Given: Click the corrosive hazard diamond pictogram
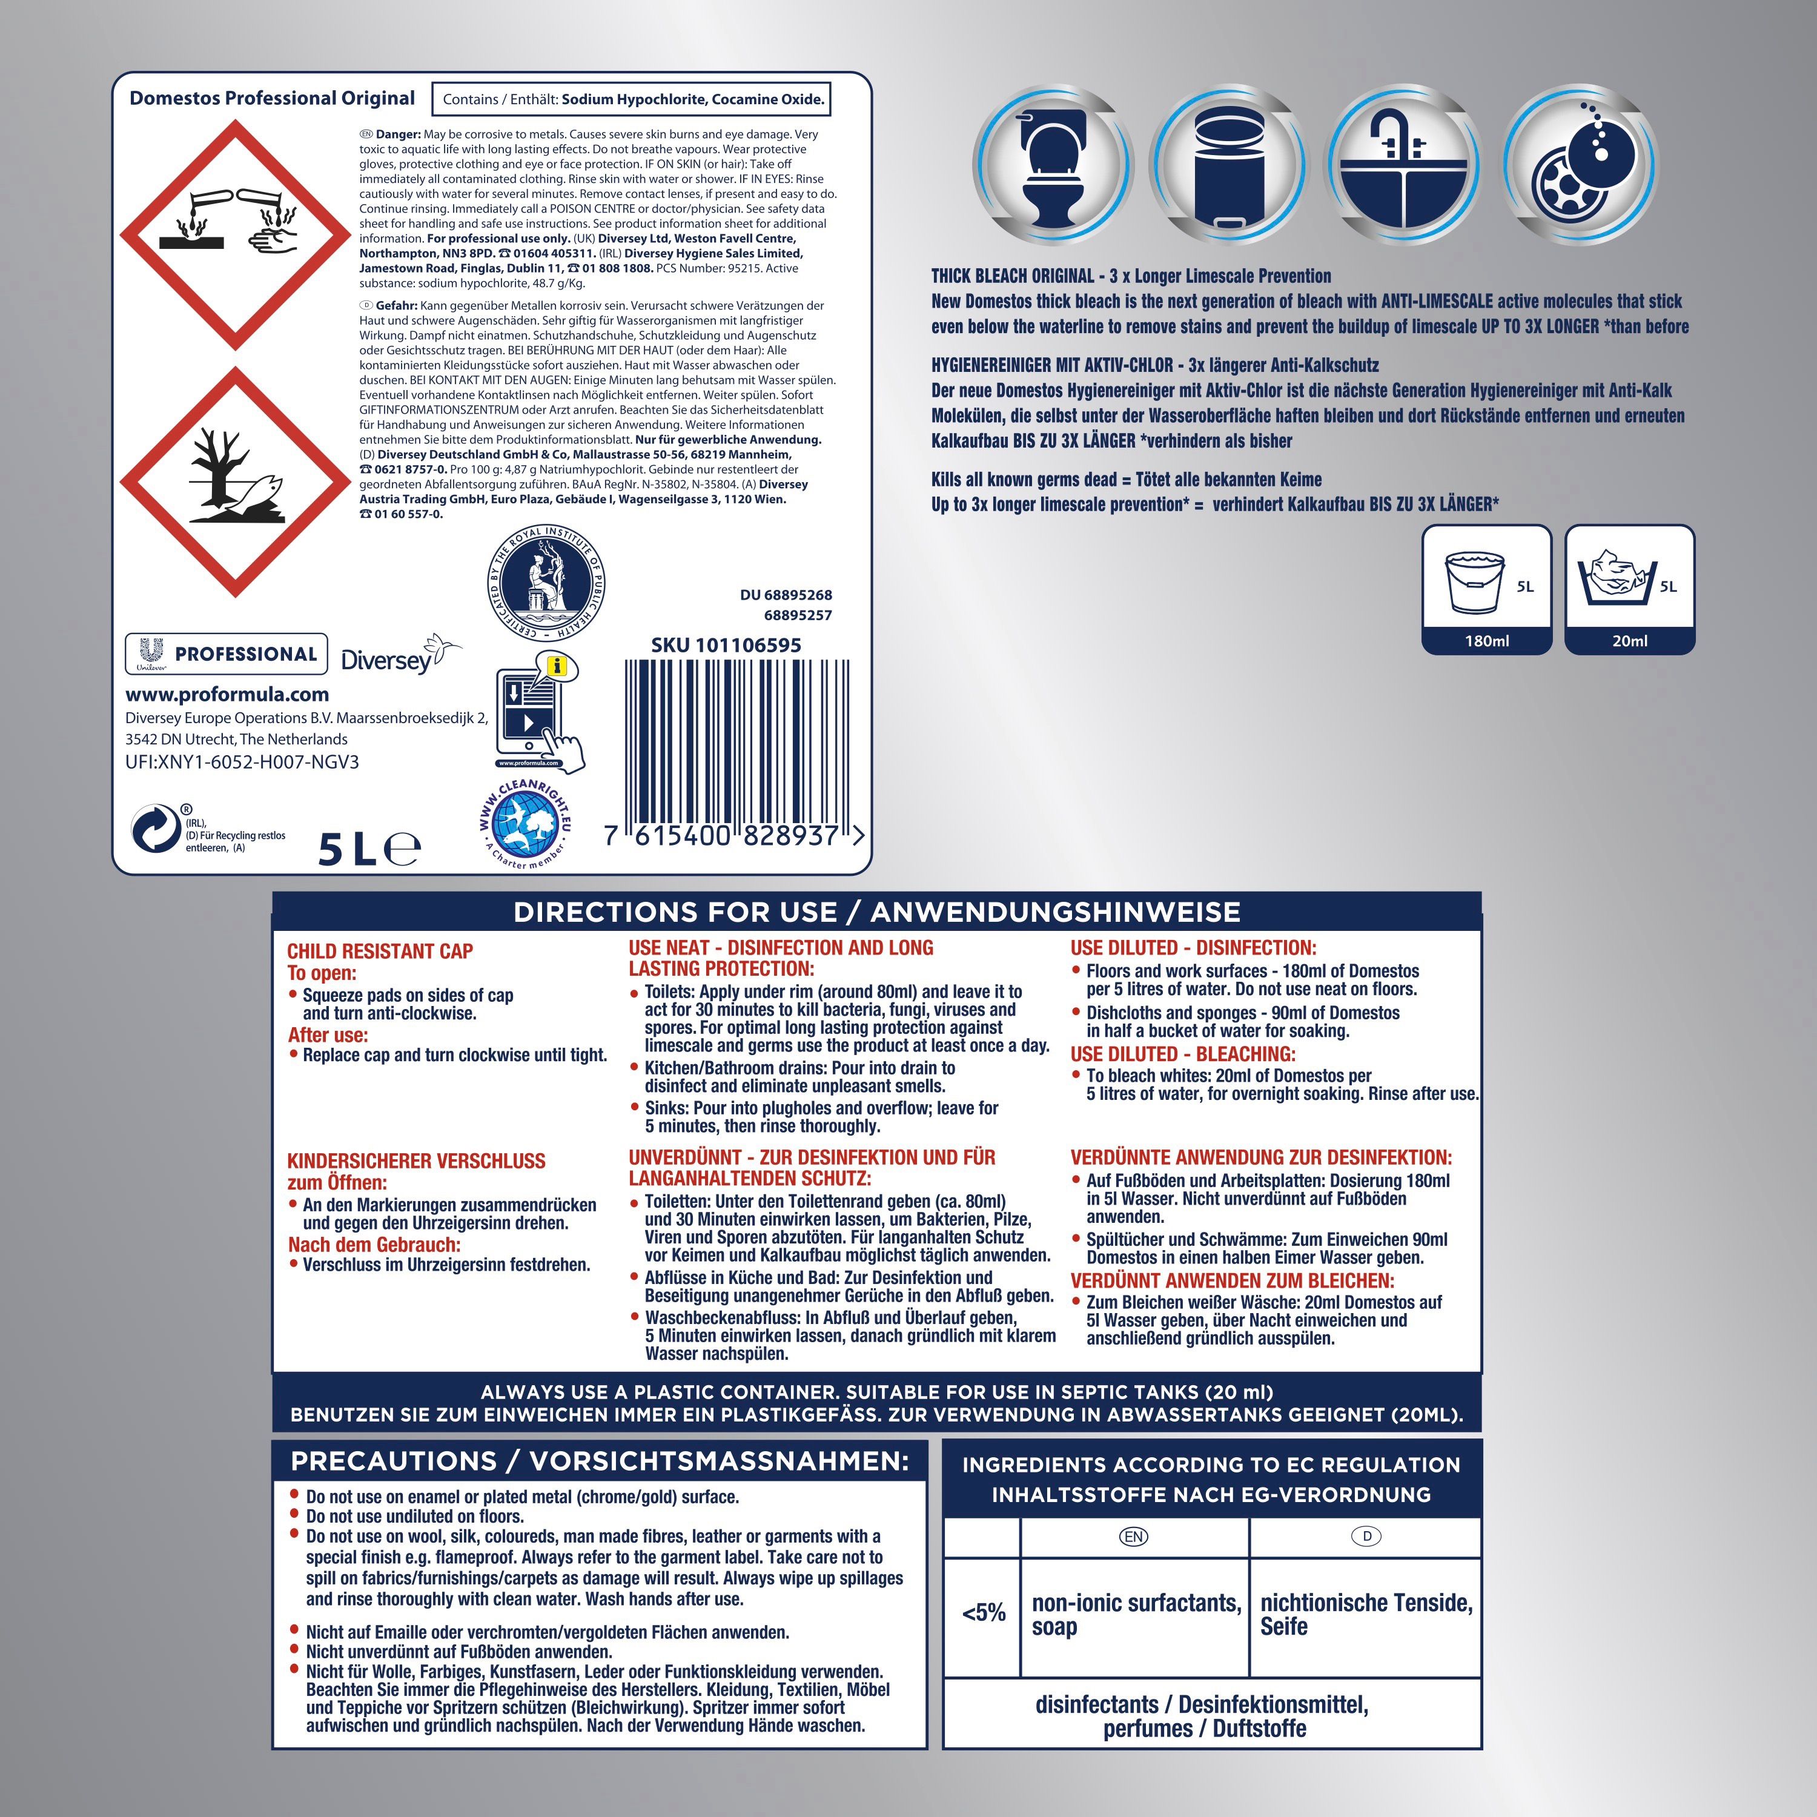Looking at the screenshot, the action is [x=235, y=235].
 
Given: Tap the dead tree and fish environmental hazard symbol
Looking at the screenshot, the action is [x=235, y=482].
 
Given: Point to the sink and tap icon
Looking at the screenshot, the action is [x=1402, y=165].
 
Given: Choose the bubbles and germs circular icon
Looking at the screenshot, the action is [x=1578, y=165].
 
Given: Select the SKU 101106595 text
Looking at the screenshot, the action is [x=726, y=645].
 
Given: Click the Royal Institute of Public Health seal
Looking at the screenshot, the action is [x=546, y=584].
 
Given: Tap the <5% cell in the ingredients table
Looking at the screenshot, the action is [x=984, y=1613].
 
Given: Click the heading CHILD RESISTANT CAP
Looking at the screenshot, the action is [x=380, y=952].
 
